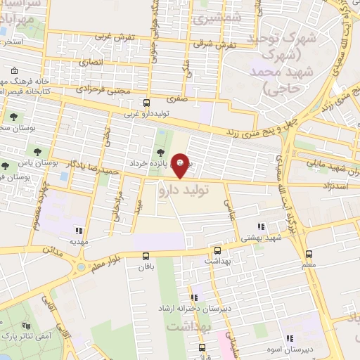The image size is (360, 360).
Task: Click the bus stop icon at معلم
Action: [309, 254]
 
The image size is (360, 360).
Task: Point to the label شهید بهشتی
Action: [263, 238]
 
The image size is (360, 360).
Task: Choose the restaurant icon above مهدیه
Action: [79, 230]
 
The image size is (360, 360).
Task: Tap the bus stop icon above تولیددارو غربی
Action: [147, 101]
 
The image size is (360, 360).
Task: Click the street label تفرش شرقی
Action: [225, 44]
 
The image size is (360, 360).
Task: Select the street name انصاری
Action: [91, 63]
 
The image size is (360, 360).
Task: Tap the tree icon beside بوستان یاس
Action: [5, 166]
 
